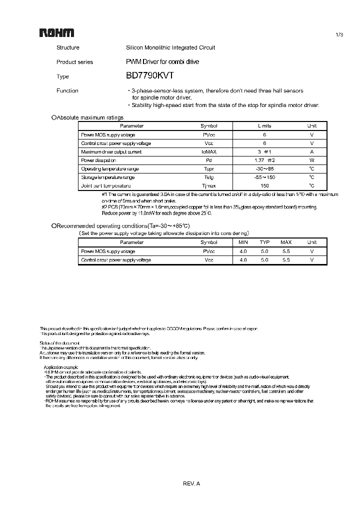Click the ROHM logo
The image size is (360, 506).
click(57, 33)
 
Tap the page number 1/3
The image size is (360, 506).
click(338, 34)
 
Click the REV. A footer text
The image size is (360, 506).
click(191, 483)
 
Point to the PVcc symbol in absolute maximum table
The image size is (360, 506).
click(209, 135)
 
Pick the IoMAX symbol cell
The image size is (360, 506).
click(209, 152)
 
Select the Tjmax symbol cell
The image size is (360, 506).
click(209, 185)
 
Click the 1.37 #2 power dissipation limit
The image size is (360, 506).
click(264, 160)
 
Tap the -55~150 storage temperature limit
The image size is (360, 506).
click(264, 177)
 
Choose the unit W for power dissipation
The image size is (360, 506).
click(311, 160)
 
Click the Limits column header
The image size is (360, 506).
click(264, 126)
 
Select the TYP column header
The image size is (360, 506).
click(264, 242)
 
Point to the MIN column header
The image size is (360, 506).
click(243, 242)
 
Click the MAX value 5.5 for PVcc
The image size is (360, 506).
click(286, 251)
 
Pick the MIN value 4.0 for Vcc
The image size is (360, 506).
click(243, 260)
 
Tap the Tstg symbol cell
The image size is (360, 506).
click(209, 177)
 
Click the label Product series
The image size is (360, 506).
click(74, 62)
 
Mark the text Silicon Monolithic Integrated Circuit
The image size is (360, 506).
click(170, 47)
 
